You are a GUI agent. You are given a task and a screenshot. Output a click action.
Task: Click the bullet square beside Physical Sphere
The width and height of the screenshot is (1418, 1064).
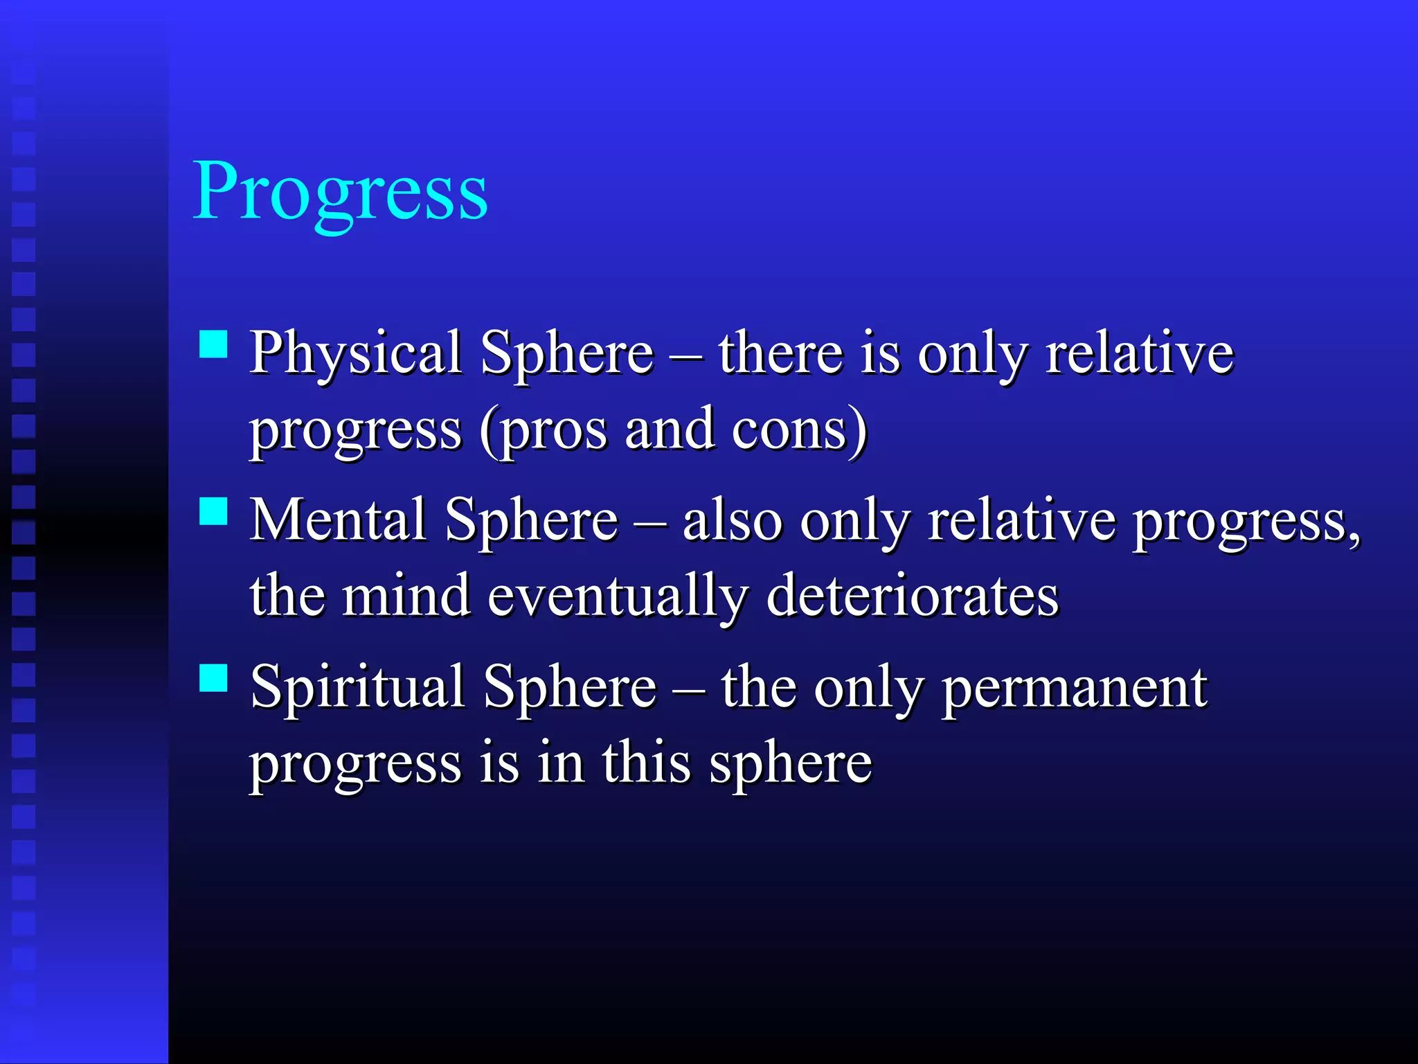(213, 344)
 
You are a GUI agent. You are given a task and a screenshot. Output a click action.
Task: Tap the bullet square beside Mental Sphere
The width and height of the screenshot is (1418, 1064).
(213, 511)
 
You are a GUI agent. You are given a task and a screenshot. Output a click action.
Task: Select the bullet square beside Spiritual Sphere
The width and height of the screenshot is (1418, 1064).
(213, 678)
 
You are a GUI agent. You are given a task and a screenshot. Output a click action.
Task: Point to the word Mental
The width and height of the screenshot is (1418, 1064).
(337, 520)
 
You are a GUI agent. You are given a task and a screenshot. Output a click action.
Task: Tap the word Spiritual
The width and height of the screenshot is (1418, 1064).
(357, 689)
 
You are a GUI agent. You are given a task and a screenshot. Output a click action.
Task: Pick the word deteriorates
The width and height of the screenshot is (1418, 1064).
(913, 596)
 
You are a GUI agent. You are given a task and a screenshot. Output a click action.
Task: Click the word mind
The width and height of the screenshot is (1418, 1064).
(406, 596)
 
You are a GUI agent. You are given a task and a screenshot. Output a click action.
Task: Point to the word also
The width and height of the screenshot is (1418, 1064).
(733, 521)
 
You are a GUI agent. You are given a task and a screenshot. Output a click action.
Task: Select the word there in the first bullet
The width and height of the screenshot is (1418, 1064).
(780, 353)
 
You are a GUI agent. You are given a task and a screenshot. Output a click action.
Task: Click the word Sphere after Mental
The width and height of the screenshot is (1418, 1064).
(531, 522)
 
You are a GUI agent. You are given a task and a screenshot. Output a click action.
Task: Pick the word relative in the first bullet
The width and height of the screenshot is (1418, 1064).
(1140, 353)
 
